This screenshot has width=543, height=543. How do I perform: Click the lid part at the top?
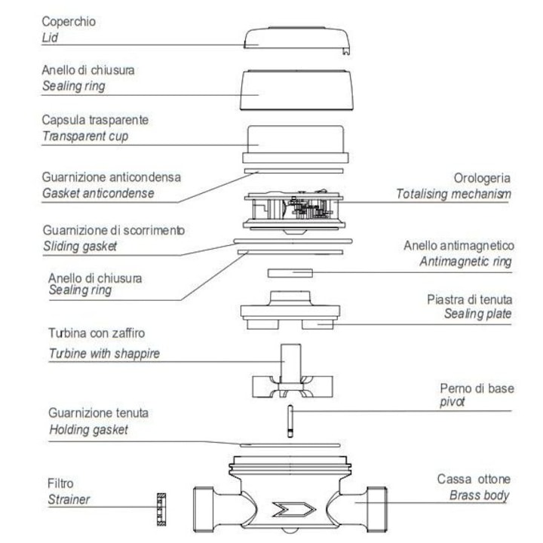pos(297,40)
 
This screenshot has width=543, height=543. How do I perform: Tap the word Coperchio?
pos(69,21)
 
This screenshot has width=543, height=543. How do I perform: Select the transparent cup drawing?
pos(296,144)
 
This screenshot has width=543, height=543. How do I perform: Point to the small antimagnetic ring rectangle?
pos(290,273)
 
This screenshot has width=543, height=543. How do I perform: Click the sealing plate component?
pos(290,310)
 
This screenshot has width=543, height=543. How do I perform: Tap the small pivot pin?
pos(290,421)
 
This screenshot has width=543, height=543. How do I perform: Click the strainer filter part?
pos(161,509)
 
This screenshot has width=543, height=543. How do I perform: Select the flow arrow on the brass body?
pos(294,509)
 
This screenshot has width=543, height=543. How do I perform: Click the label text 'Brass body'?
pos(480,495)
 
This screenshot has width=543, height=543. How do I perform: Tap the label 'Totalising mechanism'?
pos(453,194)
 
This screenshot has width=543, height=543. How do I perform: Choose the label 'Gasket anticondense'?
pos(98,193)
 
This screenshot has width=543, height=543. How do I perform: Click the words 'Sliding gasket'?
pos(80,246)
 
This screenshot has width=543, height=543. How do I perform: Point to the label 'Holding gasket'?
pos(89,430)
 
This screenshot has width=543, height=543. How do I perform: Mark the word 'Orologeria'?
pos(482,178)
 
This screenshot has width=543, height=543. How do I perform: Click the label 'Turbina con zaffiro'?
pos(97,333)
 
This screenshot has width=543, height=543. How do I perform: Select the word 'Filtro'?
pos(60,483)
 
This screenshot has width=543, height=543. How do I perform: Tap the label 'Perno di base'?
pos(477,388)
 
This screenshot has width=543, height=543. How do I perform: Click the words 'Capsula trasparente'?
pos(95,120)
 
